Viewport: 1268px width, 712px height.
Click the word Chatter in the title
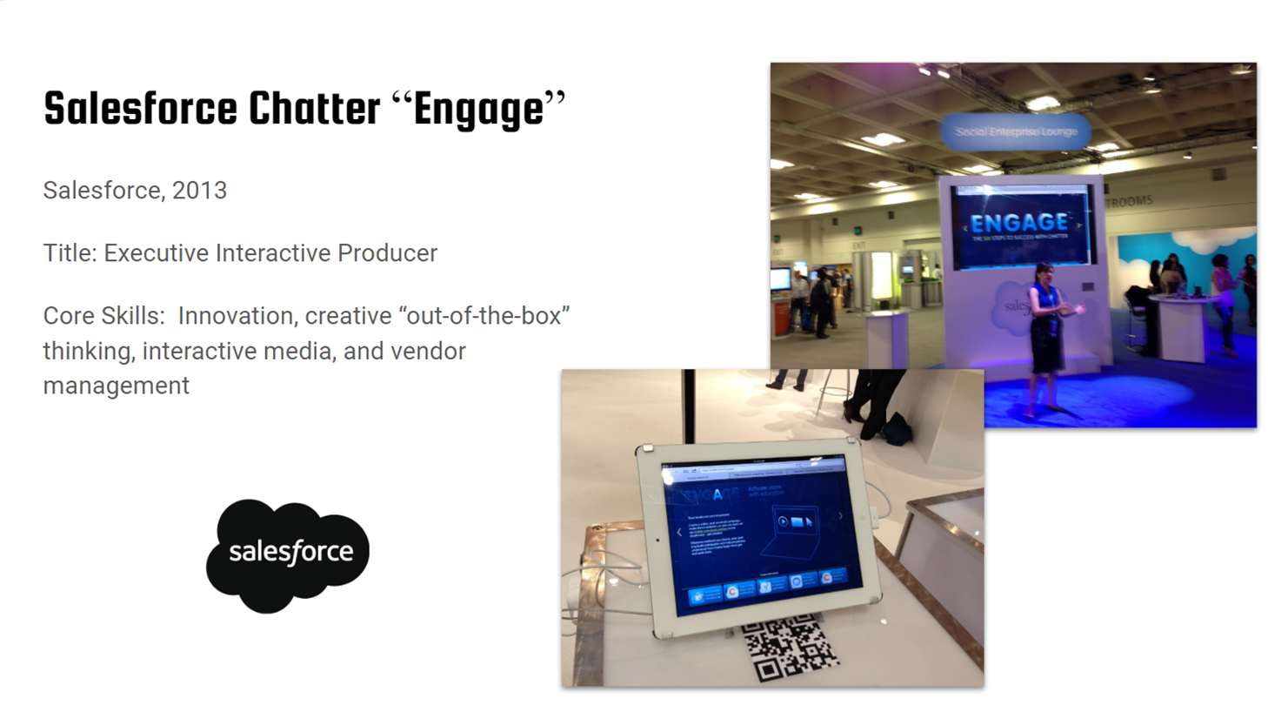pos(314,109)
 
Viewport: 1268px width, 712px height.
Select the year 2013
pos(199,191)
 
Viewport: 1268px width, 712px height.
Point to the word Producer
pos(387,253)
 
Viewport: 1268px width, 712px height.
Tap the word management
pos(116,386)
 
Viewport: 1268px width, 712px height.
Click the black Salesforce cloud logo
pos(288,554)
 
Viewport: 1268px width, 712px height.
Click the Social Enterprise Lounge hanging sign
pos(1015,132)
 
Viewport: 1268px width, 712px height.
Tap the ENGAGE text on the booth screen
pos(1018,224)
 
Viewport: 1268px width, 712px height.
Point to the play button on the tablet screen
pos(783,521)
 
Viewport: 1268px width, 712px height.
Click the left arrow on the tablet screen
pos(679,532)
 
